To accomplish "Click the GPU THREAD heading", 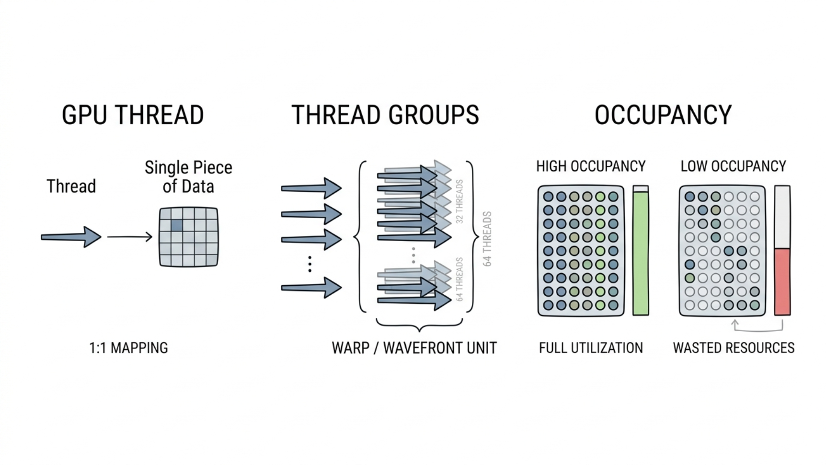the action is pos(133,115).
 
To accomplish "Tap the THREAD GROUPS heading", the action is pos(385,115).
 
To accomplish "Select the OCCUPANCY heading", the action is pos(663,115).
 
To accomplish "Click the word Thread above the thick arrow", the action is pos(71,186).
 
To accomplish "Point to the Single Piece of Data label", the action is pos(188,177).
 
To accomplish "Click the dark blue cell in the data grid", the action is pos(177,225).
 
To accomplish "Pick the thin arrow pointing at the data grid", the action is pos(129,236).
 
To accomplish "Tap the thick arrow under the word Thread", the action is pos(71,237).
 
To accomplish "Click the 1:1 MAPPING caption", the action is pos(128,348).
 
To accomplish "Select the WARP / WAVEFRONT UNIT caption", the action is pos(414,348).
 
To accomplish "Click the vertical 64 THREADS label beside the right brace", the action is pos(487,239).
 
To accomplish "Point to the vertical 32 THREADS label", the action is pos(459,201).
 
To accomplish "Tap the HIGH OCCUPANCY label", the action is pos(591,166).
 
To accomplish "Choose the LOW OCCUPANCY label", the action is pos(733,166).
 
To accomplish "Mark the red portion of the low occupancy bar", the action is pos(782,282).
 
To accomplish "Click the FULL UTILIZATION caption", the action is pos(591,348).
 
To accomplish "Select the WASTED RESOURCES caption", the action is pos(734,348).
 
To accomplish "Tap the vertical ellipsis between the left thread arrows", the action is pos(310,264).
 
